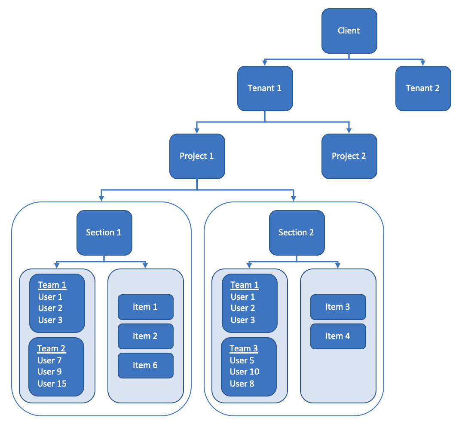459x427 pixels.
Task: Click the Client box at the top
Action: coord(349,30)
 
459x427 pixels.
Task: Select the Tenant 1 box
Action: coord(265,88)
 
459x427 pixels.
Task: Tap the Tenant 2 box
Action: coord(423,88)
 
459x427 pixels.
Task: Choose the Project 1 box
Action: coord(197,156)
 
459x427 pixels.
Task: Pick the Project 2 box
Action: coord(349,156)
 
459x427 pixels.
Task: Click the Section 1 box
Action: coord(104,232)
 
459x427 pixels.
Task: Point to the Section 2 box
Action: coord(297,232)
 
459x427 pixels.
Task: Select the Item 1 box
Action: coord(145,307)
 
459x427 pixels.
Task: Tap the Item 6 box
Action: coord(145,365)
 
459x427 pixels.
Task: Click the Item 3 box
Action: coord(338,307)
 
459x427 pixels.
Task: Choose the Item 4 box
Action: coord(338,336)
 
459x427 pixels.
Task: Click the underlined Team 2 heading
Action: coord(51,348)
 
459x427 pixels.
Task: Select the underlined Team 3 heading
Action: coord(244,348)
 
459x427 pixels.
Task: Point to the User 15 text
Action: coord(52,384)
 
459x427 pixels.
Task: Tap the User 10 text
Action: coord(245,372)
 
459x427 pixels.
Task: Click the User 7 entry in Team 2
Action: coord(49,360)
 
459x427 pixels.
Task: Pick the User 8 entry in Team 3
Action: coord(242,384)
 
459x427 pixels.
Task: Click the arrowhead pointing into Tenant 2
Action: coord(423,63)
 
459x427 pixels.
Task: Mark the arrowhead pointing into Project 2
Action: coord(349,131)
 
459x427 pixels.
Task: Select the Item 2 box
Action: coord(145,336)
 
